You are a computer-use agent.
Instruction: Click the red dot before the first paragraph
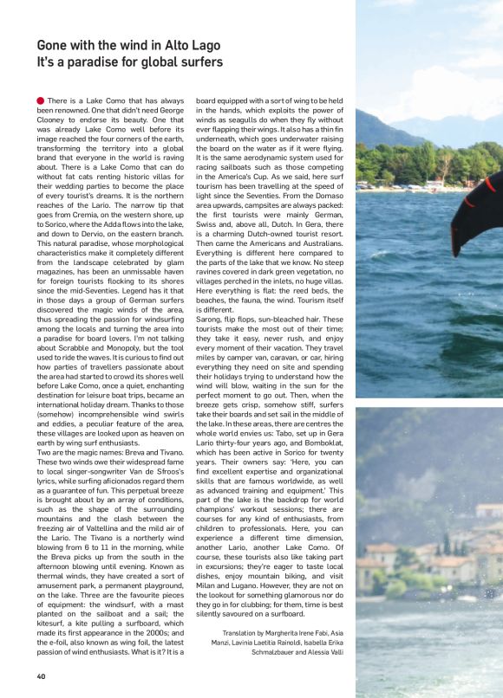pyautogui.click(x=41, y=101)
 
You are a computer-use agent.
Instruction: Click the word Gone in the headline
pyautogui.click(x=53, y=45)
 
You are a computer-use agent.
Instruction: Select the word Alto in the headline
pyautogui.click(x=164, y=45)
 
